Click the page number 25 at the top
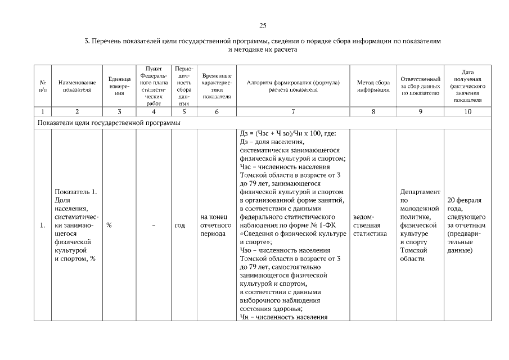click(x=262, y=26)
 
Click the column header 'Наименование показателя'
click(x=77, y=86)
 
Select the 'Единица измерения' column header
click(x=119, y=86)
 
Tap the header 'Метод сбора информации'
click(x=373, y=86)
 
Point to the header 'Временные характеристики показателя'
click(x=217, y=86)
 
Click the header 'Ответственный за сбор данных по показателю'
click(x=420, y=86)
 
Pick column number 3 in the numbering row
click(x=119, y=111)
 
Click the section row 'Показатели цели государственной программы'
click(x=109, y=123)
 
